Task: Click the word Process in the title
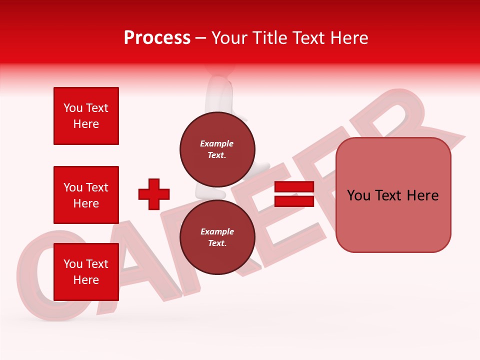[x=157, y=37]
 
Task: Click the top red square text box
[x=86, y=116]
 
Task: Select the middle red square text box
[x=86, y=195]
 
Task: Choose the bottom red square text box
[x=86, y=272]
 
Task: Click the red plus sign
[x=154, y=194]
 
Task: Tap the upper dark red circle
[x=217, y=149]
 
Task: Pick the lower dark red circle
[x=217, y=237]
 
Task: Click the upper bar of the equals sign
[x=294, y=187]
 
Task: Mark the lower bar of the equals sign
[x=294, y=201]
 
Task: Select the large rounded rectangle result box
[x=393, y=195]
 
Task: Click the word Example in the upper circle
[x=217, y=143]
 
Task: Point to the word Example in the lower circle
[x=217, y=231]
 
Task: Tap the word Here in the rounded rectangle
[x=422, y=195]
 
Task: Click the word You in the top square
[x=73, y=108]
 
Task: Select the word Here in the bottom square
[x=86, y=280]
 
